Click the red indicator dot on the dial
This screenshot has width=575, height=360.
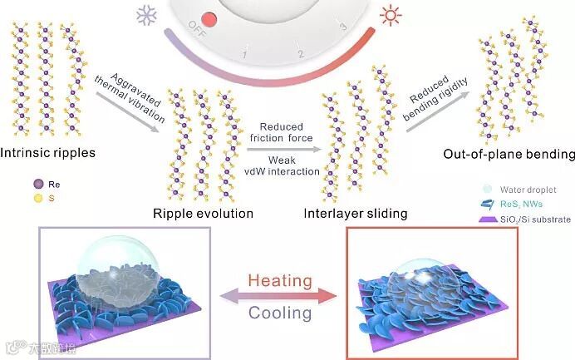209,19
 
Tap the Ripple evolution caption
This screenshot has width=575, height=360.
203,213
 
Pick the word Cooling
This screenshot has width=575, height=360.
280,313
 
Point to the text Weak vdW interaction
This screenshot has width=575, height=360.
283,165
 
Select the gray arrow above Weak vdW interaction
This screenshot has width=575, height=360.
283,150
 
